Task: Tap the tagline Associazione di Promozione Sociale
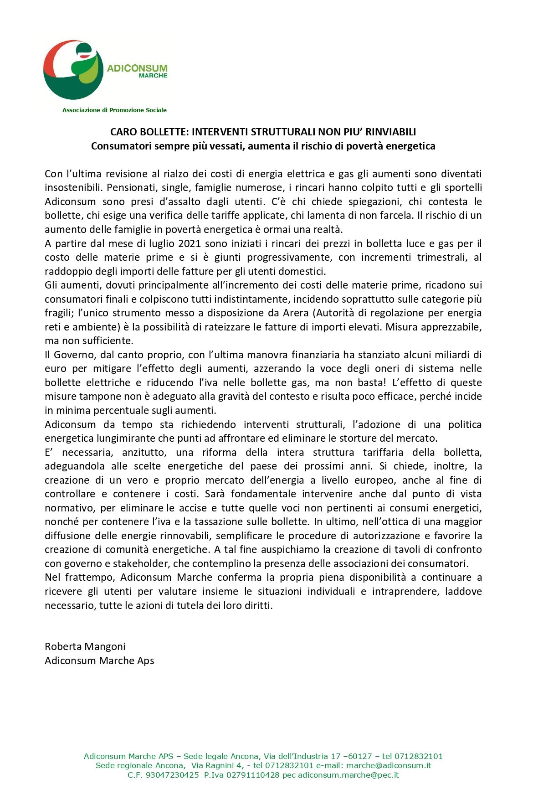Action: (x=114, y=110)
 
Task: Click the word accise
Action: (x=192, y=508)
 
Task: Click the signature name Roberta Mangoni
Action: (x=85, y=646)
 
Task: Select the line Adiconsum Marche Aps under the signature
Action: (x=99, y=661)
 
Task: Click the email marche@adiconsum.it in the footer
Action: (x=389, y=765)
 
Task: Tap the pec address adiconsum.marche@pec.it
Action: (x=348, y=775)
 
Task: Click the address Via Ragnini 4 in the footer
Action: (x=218, y=765)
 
